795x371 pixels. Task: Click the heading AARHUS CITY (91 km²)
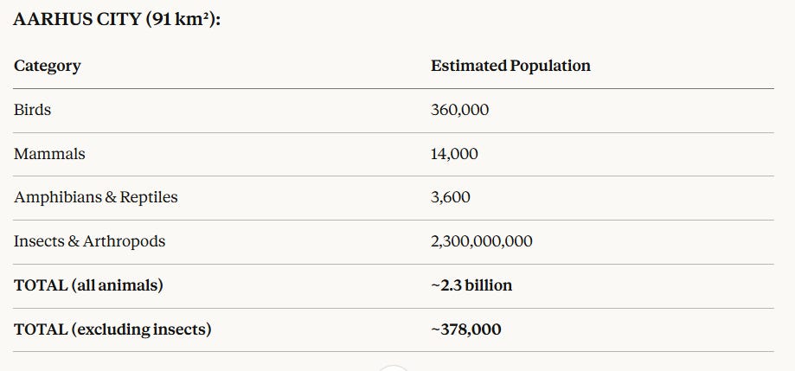point(117,20)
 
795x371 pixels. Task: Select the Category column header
point(48,67)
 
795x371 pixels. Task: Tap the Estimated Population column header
point(510,66)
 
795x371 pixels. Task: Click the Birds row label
point(33,110)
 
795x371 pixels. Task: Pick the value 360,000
point(460,110)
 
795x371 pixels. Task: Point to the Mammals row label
point(49,154)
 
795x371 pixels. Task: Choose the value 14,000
point(454,154)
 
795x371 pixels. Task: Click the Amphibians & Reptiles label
point(96,197)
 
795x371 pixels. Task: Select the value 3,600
point(450,198)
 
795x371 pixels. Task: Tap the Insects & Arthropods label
point(89,241)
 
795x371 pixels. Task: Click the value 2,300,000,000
point(482,242)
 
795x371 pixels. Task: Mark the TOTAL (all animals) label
point(88,285)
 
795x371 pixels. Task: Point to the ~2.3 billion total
point(471,285)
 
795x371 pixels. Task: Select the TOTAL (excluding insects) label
point(112,329)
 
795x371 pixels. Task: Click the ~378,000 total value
point(466,330)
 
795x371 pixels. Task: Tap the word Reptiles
point(149,197)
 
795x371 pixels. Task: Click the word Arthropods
point(125,241)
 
